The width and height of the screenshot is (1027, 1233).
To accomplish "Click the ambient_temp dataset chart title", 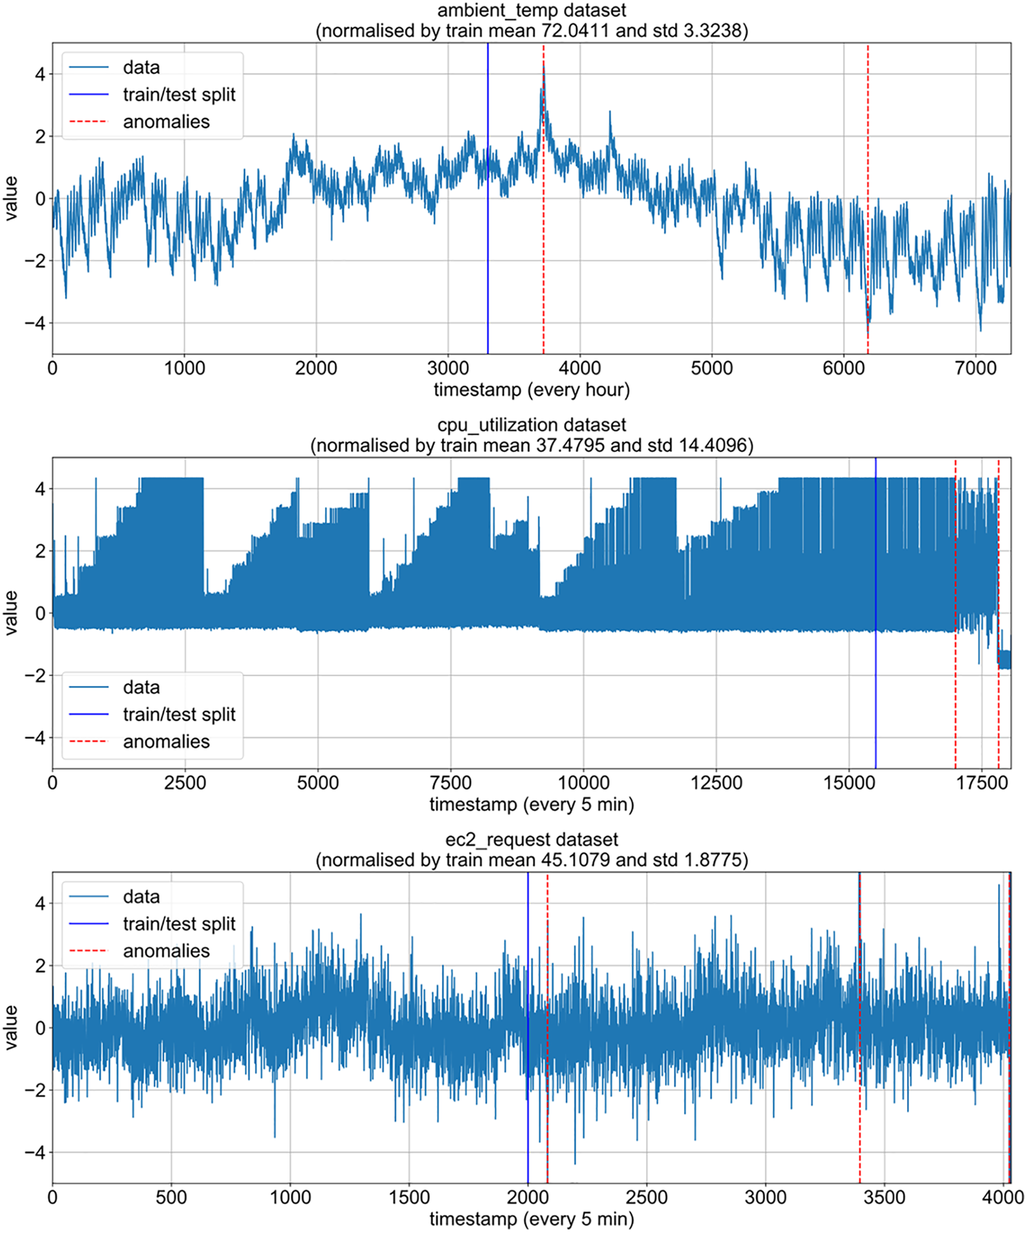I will click(x=531, y=10).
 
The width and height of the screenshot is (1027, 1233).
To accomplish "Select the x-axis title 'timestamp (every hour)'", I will click(x=531, y=389).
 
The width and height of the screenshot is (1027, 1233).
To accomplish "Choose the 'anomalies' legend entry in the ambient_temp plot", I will click(x=166, y=121).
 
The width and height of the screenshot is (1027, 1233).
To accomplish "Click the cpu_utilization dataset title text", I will click(x=531, y=424).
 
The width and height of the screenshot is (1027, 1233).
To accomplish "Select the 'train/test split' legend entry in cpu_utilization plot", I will click(x=179, y=714).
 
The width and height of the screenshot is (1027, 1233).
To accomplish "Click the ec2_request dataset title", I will click(x=531, y=839).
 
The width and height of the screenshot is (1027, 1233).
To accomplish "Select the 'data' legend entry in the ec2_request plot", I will click(x=141, y=896).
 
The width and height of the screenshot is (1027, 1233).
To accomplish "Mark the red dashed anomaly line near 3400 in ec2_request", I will click(x=860, y=1116).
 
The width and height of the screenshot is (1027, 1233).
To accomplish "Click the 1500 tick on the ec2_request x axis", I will click(x=409, y=1198).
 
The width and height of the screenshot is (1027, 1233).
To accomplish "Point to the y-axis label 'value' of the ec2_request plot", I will click(x=10, y=1028).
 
